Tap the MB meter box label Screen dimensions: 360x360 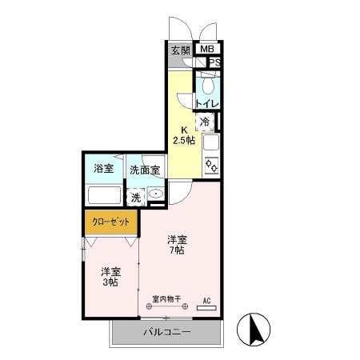(207, 50)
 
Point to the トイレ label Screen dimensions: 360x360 (207, 103)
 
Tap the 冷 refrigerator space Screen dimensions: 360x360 (205, 122)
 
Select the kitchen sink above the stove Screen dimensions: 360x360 (211, 145)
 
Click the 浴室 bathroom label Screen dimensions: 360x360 (103, 169)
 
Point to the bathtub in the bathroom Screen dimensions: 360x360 (103, 195)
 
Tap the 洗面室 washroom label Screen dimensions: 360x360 (145, 170)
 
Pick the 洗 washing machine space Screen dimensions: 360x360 (137, 196)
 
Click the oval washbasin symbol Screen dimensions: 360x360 (154, 194)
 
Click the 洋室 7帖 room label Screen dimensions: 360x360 (177, 245)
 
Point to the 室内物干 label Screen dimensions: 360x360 (166, 300)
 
